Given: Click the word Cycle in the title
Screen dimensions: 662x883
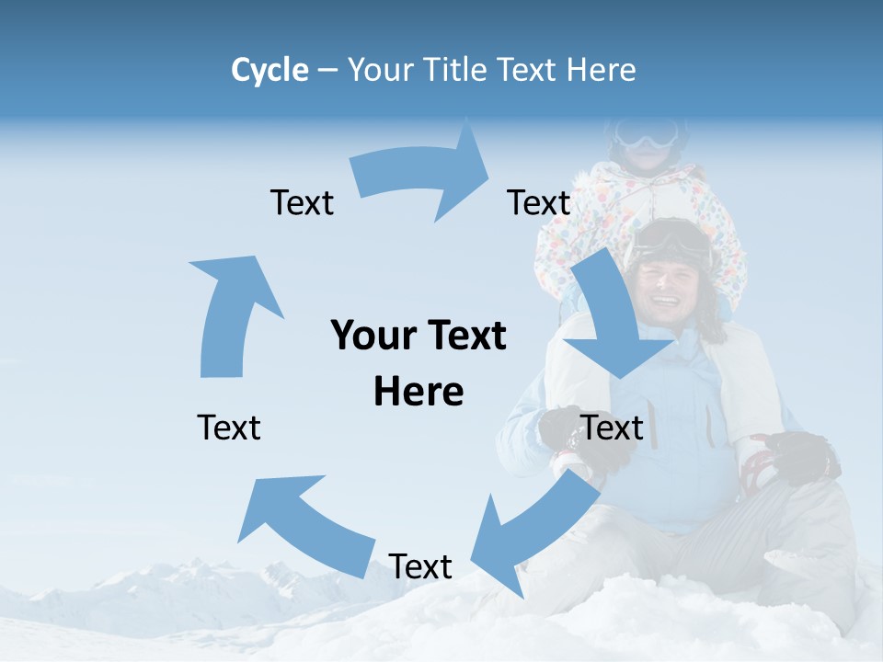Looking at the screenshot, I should coord(269,70).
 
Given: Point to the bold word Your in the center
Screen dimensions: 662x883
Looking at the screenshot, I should coord(364,337).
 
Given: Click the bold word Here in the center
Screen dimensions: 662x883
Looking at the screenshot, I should coord(419,392).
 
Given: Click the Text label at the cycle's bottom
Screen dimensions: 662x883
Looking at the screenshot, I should coord(420,567).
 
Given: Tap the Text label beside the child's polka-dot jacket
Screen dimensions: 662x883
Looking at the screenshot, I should coord(539,203).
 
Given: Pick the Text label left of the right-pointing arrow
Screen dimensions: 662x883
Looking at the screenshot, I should coord(302,203).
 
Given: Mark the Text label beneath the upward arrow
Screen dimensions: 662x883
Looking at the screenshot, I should coord(229,428).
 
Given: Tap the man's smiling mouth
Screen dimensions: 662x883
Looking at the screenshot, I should coord(664,302).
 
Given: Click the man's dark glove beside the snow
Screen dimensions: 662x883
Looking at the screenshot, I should coord(800,455).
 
